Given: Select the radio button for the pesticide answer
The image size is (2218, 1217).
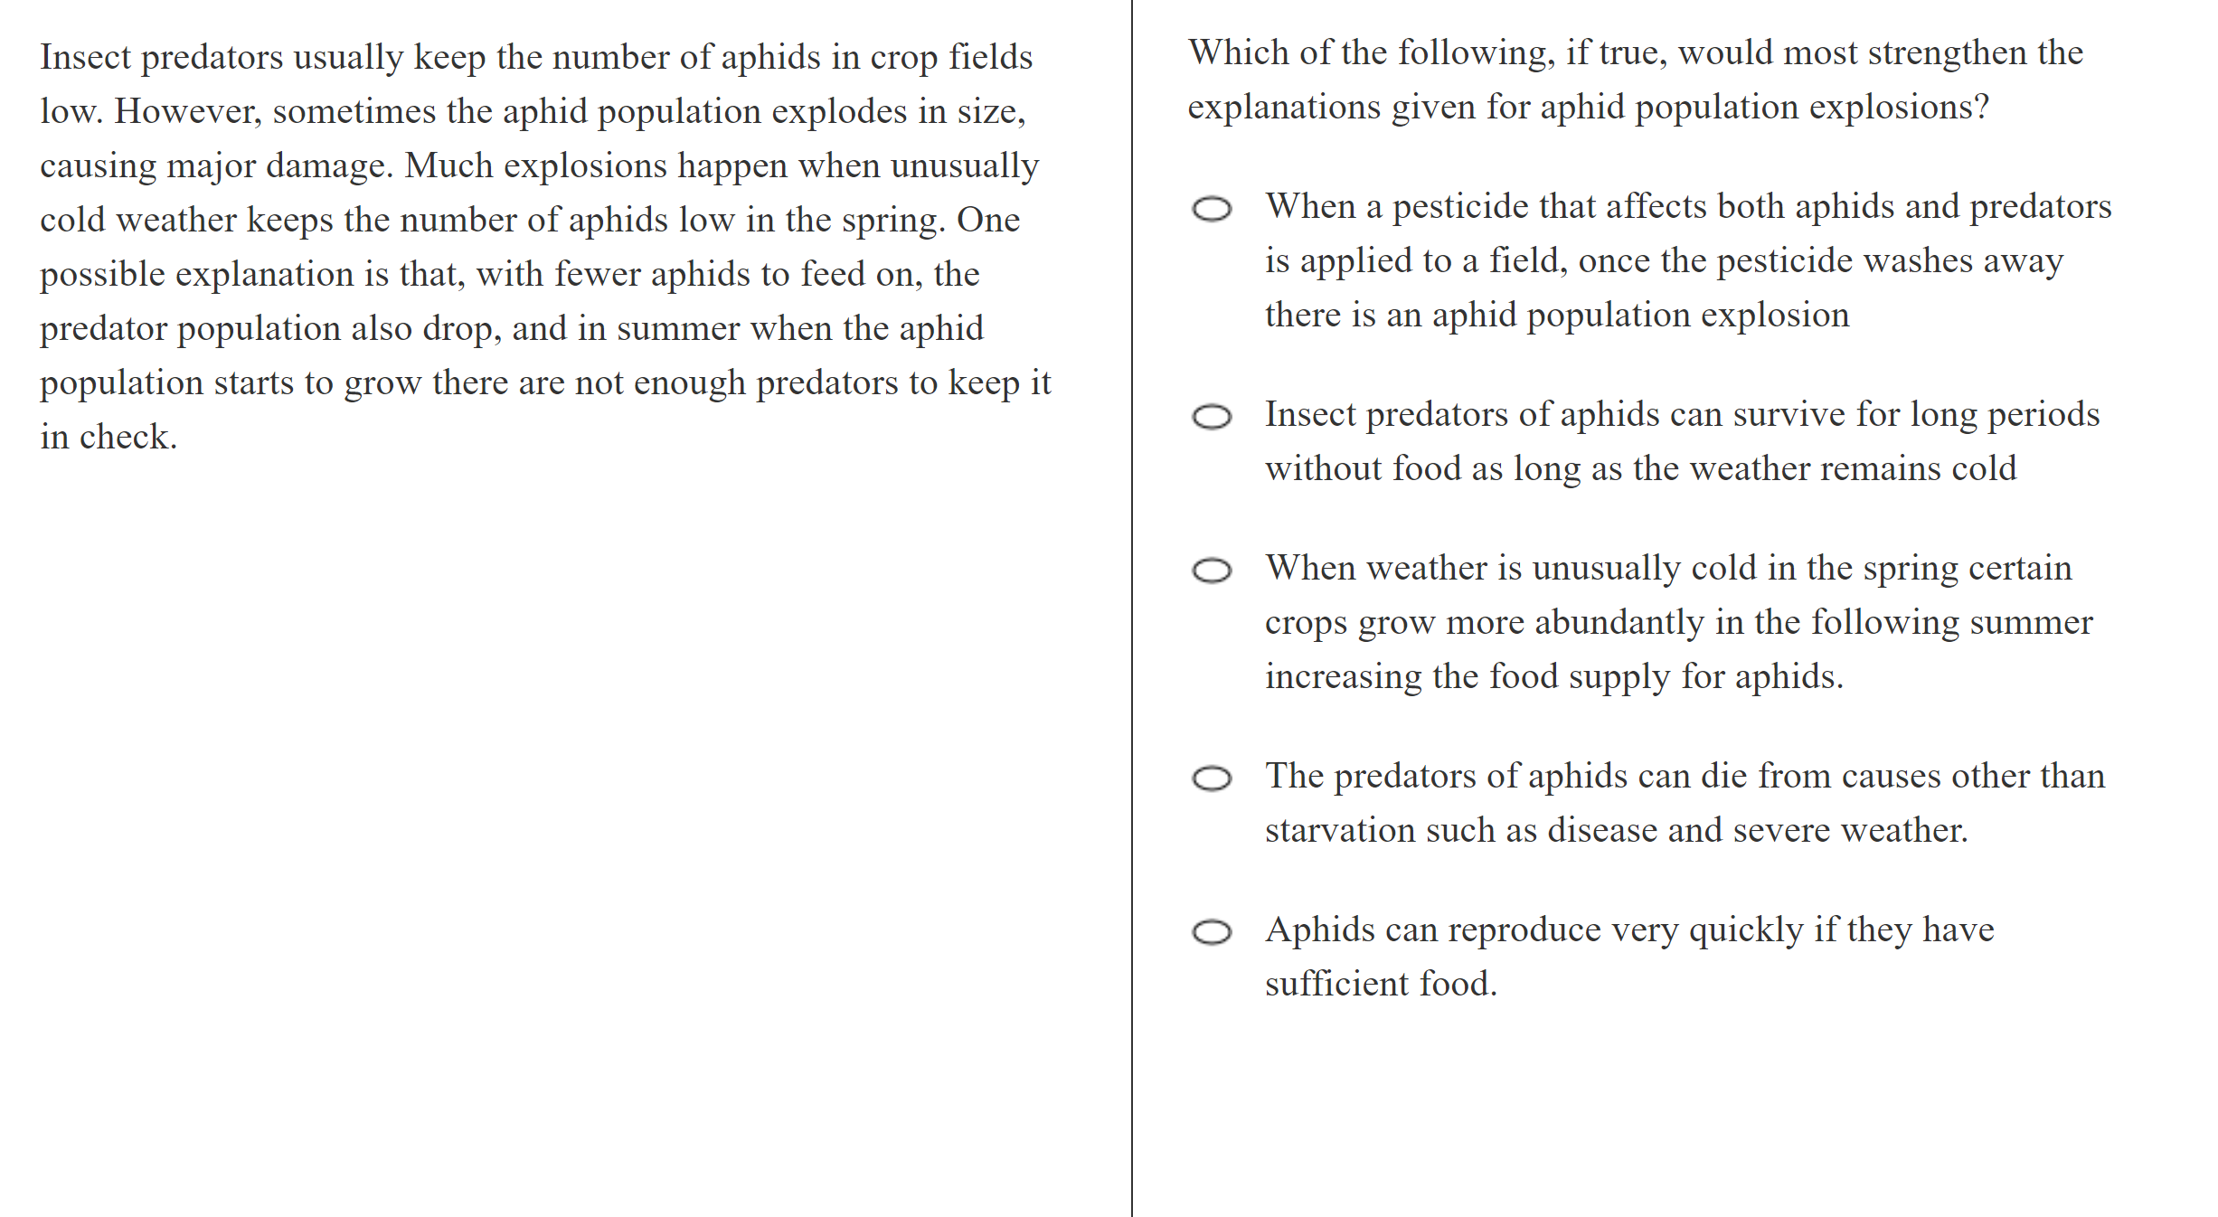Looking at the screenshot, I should coord(1212,209).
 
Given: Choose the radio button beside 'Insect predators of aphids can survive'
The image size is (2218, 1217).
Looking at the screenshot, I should coord(1212,417).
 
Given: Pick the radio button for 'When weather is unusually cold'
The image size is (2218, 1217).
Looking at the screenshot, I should coord(1212,571).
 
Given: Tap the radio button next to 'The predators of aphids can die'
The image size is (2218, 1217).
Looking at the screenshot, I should coord(1212,778).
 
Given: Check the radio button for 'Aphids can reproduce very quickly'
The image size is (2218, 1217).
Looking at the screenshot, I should coord(1212,932).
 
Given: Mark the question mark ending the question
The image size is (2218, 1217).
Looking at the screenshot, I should coord(1981,108).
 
